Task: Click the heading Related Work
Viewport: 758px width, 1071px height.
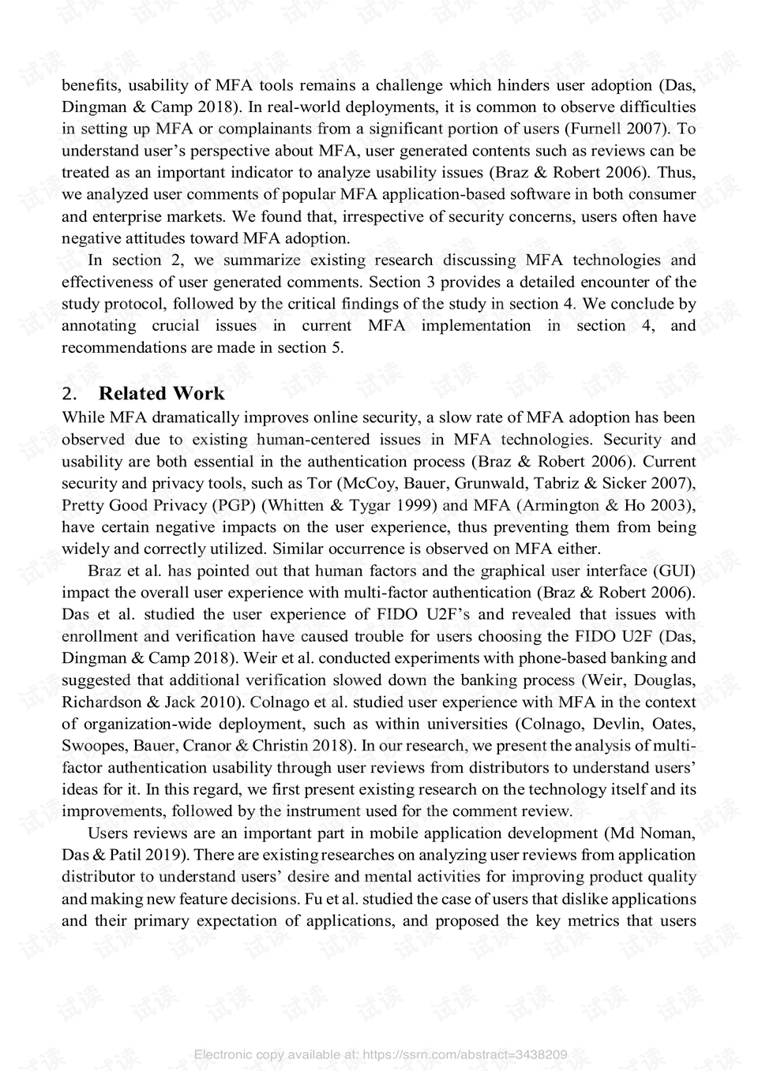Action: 161,394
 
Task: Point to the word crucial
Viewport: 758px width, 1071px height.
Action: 175,326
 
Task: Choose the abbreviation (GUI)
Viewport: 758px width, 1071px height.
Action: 674,571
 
